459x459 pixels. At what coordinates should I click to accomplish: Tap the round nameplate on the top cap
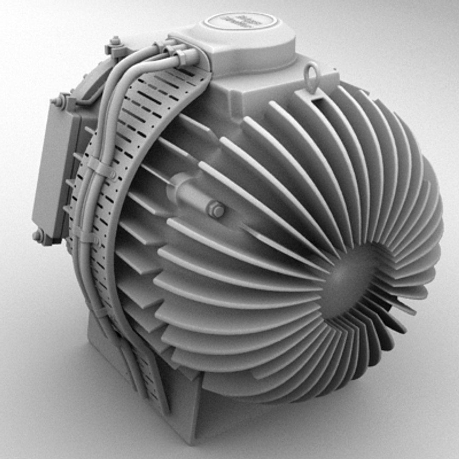[241, 20]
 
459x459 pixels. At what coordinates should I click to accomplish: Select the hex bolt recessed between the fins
[216, 210]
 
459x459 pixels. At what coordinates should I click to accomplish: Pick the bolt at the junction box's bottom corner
[38, 235]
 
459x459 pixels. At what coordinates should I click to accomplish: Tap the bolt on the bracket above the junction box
[60, 101]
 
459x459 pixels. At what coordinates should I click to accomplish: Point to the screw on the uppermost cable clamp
[113, 174]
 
